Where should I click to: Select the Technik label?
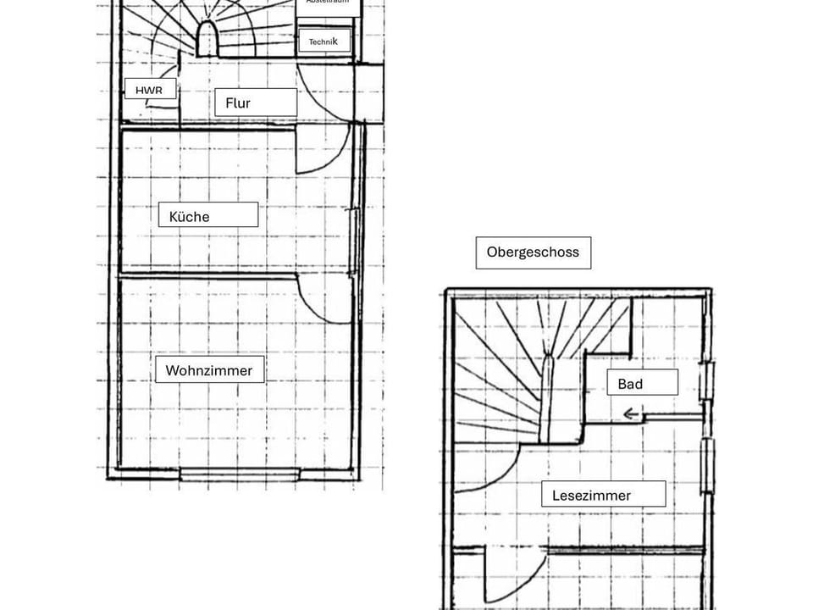324,41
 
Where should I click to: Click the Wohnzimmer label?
209,370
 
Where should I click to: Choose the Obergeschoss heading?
533,252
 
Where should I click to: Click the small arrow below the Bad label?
632,414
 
